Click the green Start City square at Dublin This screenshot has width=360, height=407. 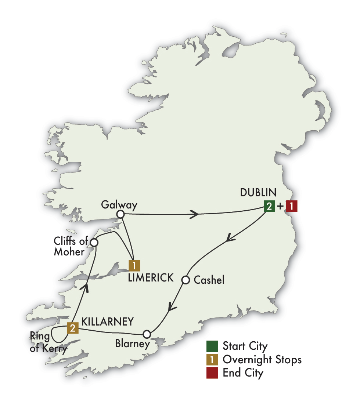(x=269, y=206)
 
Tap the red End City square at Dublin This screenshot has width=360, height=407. (x=291, y=206)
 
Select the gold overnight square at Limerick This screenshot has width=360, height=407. (x=134, y=265)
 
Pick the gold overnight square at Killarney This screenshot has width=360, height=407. (x=73, y=328)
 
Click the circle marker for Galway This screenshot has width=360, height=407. (x=120, y=214)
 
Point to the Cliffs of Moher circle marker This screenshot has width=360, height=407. (x=94, y=243)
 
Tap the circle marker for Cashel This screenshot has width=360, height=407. (x=186, y=280)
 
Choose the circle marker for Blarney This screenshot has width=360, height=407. (x=147, y=334)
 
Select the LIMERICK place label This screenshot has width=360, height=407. (x=151, y=278)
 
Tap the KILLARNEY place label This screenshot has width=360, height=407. (x=107, y=322)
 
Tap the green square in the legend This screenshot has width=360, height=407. (x=212, y=346)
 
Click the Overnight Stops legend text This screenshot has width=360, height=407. (x=262, y=360)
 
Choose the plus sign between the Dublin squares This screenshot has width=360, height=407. (x=280, y=207)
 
